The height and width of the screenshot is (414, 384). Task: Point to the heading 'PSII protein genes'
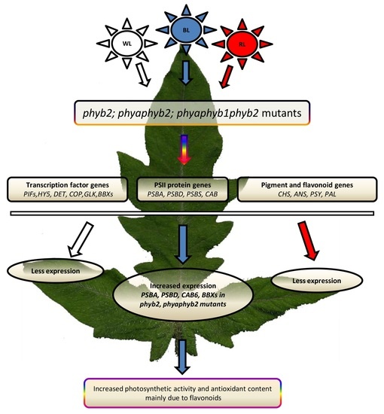tap(186, 184)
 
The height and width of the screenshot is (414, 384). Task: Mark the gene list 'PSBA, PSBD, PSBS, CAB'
tap(186, 196)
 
